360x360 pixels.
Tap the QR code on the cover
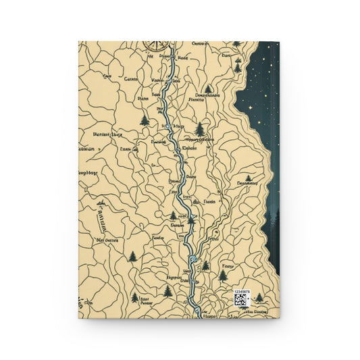click(241, 300)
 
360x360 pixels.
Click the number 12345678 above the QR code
click(242, 292)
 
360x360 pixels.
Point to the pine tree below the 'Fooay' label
click(223, 275)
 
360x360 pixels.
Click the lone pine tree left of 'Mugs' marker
click(145, 120)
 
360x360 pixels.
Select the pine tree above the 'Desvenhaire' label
click(207, 88)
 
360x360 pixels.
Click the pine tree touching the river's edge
click(190, 218)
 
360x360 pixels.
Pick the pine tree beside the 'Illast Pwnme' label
click(135, 297)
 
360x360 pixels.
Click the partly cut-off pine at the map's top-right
click(236, 44)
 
